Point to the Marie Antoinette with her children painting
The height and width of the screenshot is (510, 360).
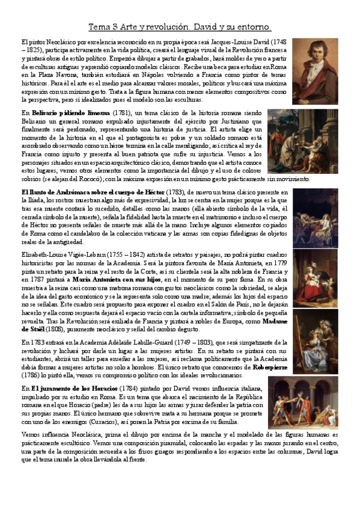(x=319, y=278)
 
